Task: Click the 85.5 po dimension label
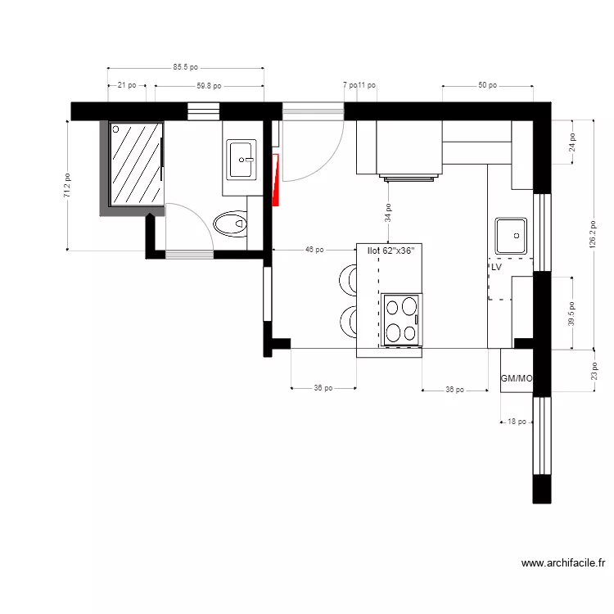tap(186, 68)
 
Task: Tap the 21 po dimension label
tap(127, 85)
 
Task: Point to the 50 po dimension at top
tap(488, 85)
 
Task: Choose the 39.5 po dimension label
tap(571, 312)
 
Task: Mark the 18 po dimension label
tap(517, 422)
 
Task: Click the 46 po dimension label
tap(314, 250)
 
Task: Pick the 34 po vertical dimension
tap(388, 214)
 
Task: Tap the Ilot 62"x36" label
tap(391, 251)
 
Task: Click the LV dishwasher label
tap(496, 267)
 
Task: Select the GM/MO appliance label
tap(517, 379)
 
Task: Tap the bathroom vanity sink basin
tap(242, 159)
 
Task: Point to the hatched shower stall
tap(136, 164)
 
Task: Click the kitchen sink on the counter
tap(510, 236)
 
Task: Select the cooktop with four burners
tap(402, 319)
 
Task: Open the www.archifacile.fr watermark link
tap(562, 563)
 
